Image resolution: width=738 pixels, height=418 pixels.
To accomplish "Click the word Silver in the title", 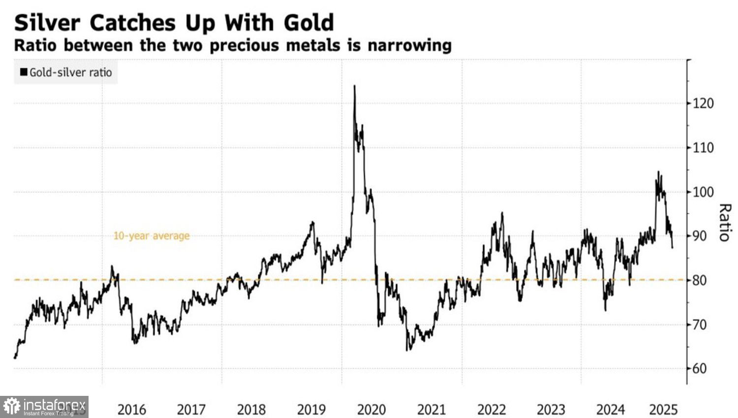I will click(x=46, y=23).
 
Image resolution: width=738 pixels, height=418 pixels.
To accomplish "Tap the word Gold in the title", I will click(x=309, y=23).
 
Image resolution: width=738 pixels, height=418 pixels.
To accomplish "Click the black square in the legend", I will click(x=23, y=72).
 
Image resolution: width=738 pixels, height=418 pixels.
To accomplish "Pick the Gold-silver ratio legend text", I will click(x=71, y=72).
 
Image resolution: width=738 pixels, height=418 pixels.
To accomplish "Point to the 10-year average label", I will click(x=152, y=236).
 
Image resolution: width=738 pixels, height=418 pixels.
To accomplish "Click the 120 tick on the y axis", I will click(x=703, y=103).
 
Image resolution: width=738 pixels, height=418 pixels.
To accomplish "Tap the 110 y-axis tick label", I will click(x=703, y=148).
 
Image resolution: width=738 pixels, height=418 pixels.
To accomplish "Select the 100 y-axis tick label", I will click(x=703, y=192).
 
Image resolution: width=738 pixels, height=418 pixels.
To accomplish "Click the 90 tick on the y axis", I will click(x=700, y=236).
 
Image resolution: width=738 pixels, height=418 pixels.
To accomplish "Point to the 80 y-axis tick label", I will click(x=700, y=280).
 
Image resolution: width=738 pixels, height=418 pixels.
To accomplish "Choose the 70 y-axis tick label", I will click(x=700, y=325).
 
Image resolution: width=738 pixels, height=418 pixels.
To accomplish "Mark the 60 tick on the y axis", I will click(x=700, y=368).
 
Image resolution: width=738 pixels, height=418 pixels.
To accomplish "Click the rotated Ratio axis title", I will click(x=724, y=222).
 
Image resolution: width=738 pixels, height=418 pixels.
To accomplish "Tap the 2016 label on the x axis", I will click(x=131, y=409).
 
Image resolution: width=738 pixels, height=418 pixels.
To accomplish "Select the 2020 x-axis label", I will click(x=371, y=409).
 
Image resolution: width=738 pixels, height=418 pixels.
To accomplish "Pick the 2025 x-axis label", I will click(x=663, y=409).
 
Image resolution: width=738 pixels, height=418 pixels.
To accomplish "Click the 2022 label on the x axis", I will click(x=492, y=409).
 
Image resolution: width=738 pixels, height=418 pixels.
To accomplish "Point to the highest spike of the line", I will click(x=354, y=87).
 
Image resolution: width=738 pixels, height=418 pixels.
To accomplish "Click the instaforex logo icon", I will click(x=11, y=406).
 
